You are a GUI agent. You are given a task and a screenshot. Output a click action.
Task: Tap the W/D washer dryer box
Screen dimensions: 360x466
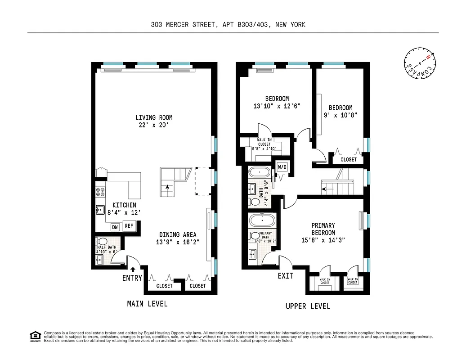click(x=282, y=167)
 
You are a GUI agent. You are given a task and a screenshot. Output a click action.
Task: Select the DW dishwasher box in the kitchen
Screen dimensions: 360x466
click(x=115, y=227)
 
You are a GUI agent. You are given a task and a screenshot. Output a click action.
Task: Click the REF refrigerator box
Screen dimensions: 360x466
click(x=129, y=226)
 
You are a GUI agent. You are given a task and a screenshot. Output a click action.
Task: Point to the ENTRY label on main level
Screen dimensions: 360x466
click(x=132, y=278)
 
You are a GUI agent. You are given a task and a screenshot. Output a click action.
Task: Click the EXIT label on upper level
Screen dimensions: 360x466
click(x=286, y=275)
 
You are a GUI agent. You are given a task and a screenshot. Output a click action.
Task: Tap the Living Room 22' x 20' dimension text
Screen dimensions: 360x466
click(x=154, y=125)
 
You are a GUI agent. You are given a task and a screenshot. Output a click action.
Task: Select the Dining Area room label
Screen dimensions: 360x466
click(x=177, y=234)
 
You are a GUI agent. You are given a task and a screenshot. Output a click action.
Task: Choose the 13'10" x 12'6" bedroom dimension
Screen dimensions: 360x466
click(x=277, y=106)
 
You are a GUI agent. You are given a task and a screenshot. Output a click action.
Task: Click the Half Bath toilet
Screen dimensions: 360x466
click(x=103, y=242)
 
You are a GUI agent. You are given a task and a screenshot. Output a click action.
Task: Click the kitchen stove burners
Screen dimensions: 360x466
click(x=100, y=192)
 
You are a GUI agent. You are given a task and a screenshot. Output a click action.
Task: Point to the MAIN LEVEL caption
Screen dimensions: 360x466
click(x=147, y=304)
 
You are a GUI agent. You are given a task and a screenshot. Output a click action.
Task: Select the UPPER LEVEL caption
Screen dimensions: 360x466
click(x=308, y=306)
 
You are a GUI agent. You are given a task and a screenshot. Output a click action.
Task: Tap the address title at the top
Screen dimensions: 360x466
click(x=228, y=25)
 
